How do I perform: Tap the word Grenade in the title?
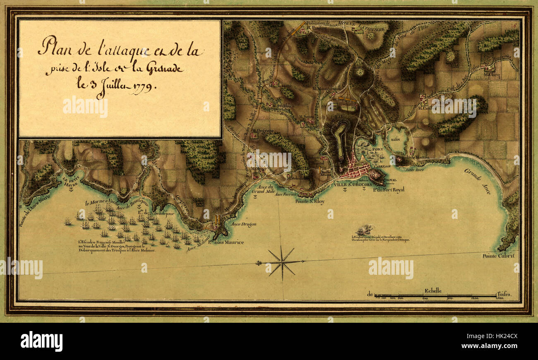(164, 69)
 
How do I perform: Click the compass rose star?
(281, 262)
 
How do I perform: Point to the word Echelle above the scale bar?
(433, 290)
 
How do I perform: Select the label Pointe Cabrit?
(498, 256)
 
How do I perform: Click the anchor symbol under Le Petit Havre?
(71, 190)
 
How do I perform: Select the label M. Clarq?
(492, 75)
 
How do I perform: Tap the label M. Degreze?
(262, 131)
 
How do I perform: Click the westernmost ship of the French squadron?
(67, 222)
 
